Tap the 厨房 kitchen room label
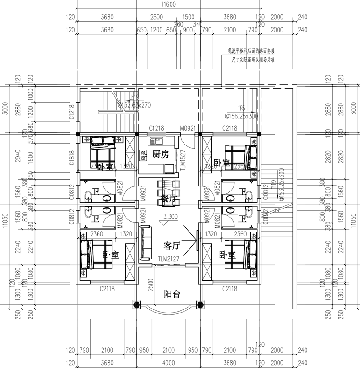(161, 154)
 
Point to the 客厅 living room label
(172, 245)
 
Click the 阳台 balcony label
(172, 294)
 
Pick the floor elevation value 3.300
(171, 216)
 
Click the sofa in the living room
(145, 243)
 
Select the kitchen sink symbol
(156, 141)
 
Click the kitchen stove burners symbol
(144, 155)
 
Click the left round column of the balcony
(135, 304)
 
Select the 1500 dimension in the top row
(189, 17)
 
